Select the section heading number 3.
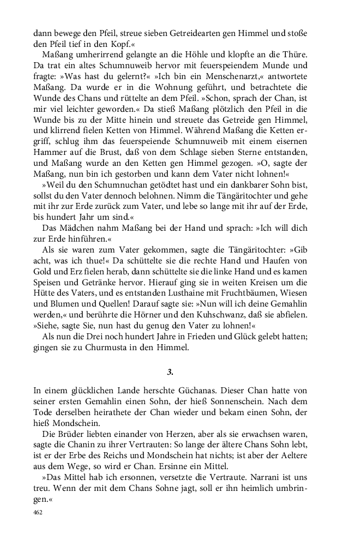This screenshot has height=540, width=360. [170, 372]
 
